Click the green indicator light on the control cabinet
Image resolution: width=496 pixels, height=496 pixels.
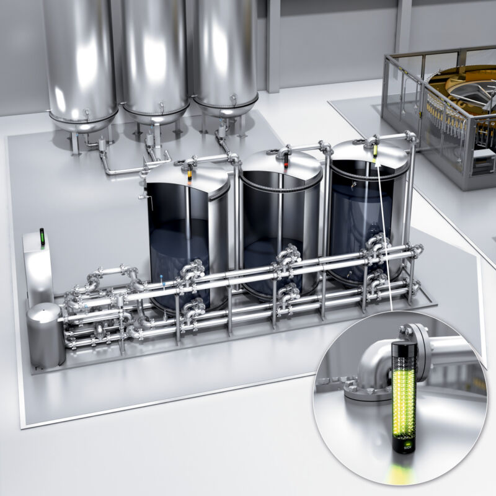pos(42,236)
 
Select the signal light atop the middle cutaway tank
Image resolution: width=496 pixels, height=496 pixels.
pos(286,164)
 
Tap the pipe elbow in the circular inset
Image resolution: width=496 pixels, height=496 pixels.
pos(372,366)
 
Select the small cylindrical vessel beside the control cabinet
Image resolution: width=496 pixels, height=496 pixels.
pos(45,332)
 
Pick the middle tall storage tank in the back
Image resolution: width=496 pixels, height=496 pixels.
pos(154,56)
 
